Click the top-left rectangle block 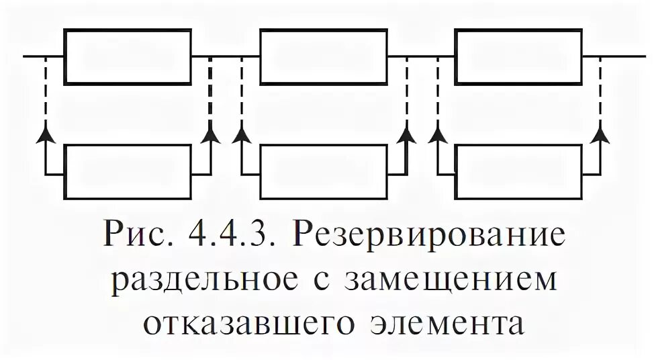coord(128,56)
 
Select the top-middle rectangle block coord(324,56)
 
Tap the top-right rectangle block coord(519,56)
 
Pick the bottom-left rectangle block coord(128,173)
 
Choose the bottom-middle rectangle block coord(324,173)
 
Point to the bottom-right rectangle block coord(519,173)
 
